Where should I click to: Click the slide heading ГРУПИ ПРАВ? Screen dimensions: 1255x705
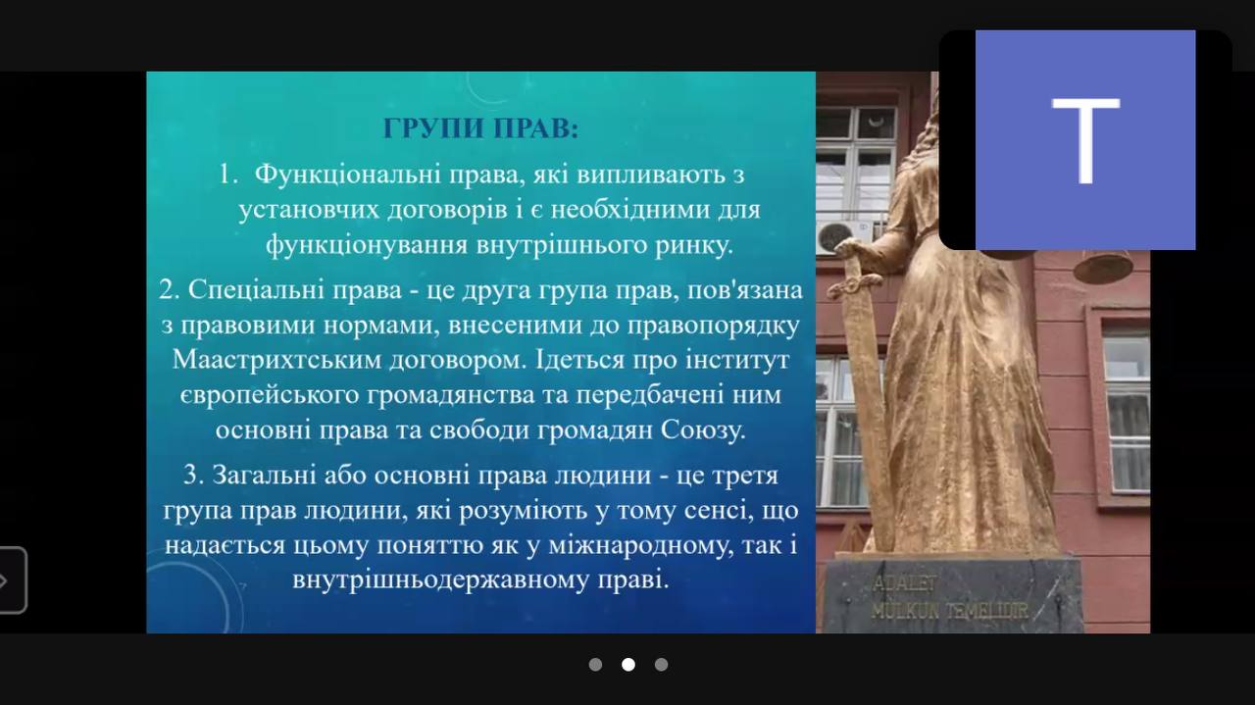pyautogui.click(x=480, y=128)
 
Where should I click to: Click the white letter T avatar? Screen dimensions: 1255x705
pyautogui.click(x=1085, y=140)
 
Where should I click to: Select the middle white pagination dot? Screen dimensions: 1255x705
pyautogui.click(x=628, y=665)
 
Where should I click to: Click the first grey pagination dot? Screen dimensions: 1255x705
pyautogui.click(x=595, y=665)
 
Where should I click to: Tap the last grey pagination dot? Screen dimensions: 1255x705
pyautogui.click(x=661, y=665)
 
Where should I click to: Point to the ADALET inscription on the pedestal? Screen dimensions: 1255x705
pyautogui.click(x=904, y=585)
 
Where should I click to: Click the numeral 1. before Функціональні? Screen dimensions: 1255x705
pyautogui.click(x=228, y=175)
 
